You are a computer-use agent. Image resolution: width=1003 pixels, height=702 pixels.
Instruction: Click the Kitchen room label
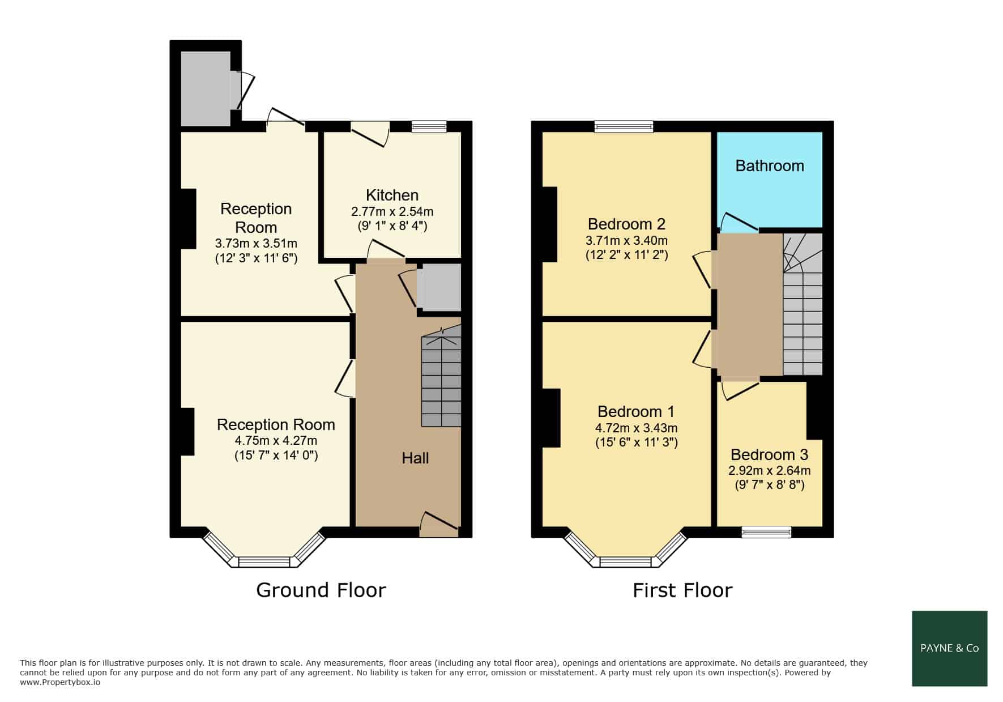click(392, 195)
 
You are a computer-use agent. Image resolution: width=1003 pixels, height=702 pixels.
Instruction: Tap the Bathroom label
click(770, 165)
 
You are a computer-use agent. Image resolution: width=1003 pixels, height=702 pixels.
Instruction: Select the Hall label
click(415, 458)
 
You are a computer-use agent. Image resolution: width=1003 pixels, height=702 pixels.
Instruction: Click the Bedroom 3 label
click(769, 454)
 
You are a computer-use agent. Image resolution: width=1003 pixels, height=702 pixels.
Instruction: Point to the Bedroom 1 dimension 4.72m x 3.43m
click(636, 428)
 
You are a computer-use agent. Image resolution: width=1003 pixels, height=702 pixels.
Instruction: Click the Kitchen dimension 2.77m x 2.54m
click(392, 212)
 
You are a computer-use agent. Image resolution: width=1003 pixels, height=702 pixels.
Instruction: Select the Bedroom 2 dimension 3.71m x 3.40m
click(626, 240)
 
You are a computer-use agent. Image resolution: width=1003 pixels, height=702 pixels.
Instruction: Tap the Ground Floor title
click(321, 590)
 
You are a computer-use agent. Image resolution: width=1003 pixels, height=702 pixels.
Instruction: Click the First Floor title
click(682, 590)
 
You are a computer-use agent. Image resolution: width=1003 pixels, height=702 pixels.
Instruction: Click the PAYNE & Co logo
click(950, 648)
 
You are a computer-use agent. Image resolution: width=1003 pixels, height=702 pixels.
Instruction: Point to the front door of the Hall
click(439, 525)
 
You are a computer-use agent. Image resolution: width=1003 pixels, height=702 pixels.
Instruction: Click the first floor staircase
click(803, 304)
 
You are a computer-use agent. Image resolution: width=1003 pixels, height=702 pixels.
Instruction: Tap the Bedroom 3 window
click(766, 531)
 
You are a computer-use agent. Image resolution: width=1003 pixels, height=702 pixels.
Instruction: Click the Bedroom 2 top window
click(624, 126)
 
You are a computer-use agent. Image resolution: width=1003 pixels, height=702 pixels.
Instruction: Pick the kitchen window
click(429, 126)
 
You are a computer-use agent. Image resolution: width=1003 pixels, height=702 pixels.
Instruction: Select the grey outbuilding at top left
click(206, 88)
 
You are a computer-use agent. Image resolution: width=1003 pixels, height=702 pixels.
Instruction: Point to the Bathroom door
click(739, 223)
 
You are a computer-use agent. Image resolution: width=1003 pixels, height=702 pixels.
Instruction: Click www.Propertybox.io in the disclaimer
click(60, 682)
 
